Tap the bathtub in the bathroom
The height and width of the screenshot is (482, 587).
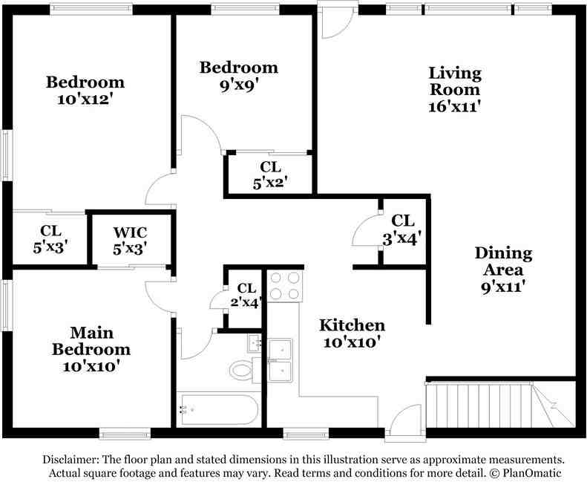(x=218, y=409)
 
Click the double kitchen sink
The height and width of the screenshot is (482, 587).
(x=281, y=360)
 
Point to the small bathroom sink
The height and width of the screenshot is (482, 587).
(x=255, y=343)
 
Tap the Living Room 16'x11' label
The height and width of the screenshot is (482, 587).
(x=454, y=90)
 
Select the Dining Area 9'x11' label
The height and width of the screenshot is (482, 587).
(x=503, y=270)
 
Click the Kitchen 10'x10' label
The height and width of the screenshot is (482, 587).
(x=352, y=333)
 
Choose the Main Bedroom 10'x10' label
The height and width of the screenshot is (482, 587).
(x=91, y=349)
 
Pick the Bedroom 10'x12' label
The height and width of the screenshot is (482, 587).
(x=85, y=91)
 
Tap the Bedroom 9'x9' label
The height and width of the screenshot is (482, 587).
(x=238, y=76)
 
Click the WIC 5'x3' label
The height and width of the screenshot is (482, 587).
(x=130, y=241)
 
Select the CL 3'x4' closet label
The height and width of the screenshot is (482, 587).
(x=402, y=230)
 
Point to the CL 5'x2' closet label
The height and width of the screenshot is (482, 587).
(x=270, y=175)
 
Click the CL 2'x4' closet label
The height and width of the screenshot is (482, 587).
(x=246, y=296)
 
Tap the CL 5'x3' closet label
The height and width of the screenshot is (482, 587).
(x=50, y=239)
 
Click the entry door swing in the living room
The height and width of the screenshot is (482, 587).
(x=337, y=25)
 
